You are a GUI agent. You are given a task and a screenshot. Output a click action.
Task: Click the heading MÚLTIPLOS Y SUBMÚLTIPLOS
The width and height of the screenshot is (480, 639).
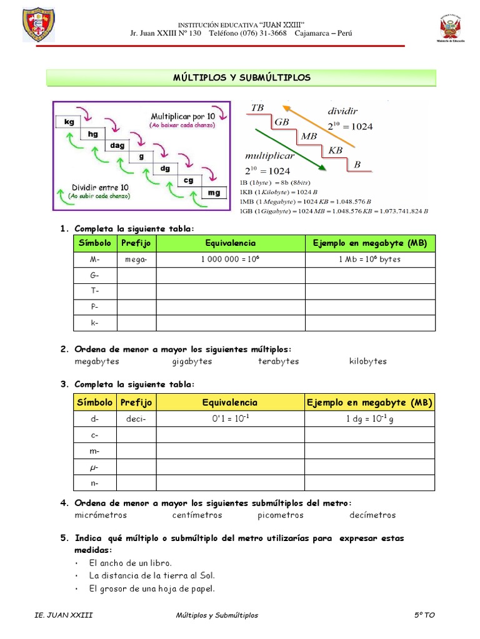click(x=241, y=77)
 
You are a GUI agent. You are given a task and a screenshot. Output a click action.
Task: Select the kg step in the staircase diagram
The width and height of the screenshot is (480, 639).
click(x=69, y=122)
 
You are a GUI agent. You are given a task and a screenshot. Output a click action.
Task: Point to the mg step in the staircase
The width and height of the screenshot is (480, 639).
click(x=214, y=193)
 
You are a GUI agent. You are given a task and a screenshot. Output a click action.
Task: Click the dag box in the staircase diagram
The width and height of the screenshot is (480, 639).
click(x=117, y=145)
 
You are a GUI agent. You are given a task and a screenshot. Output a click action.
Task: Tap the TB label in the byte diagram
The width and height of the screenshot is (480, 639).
click(x=257, y=108)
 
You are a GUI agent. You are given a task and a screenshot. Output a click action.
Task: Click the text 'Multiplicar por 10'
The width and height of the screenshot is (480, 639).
click(x=182, y=117)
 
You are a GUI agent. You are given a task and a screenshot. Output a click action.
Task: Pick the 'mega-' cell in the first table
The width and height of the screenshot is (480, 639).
click(x=136, y=259)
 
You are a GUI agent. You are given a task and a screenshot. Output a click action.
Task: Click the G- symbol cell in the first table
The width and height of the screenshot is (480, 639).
click(x=95, y=275)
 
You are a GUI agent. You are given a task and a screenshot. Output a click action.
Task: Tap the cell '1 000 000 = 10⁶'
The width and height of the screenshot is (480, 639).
click(x=230, y=259)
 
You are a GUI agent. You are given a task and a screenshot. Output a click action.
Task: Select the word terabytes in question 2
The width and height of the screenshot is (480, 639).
click(x=278, y=361)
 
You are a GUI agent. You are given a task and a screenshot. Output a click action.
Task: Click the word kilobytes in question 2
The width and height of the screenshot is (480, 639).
click(x=368, y=361)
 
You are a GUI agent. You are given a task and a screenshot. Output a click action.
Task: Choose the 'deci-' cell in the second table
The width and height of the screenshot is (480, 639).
click(x=136, y=419)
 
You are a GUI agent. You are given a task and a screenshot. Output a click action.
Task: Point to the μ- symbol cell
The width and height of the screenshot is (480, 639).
click(x=95, y=467)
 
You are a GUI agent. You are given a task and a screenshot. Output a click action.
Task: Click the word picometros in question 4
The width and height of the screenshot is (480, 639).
click(x=280, y=515)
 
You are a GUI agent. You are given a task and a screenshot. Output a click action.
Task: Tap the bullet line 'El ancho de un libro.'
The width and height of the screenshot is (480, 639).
click(x=131, y=563)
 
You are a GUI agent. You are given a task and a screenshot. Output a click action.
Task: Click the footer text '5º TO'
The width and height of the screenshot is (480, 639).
click(x=424, y=615)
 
